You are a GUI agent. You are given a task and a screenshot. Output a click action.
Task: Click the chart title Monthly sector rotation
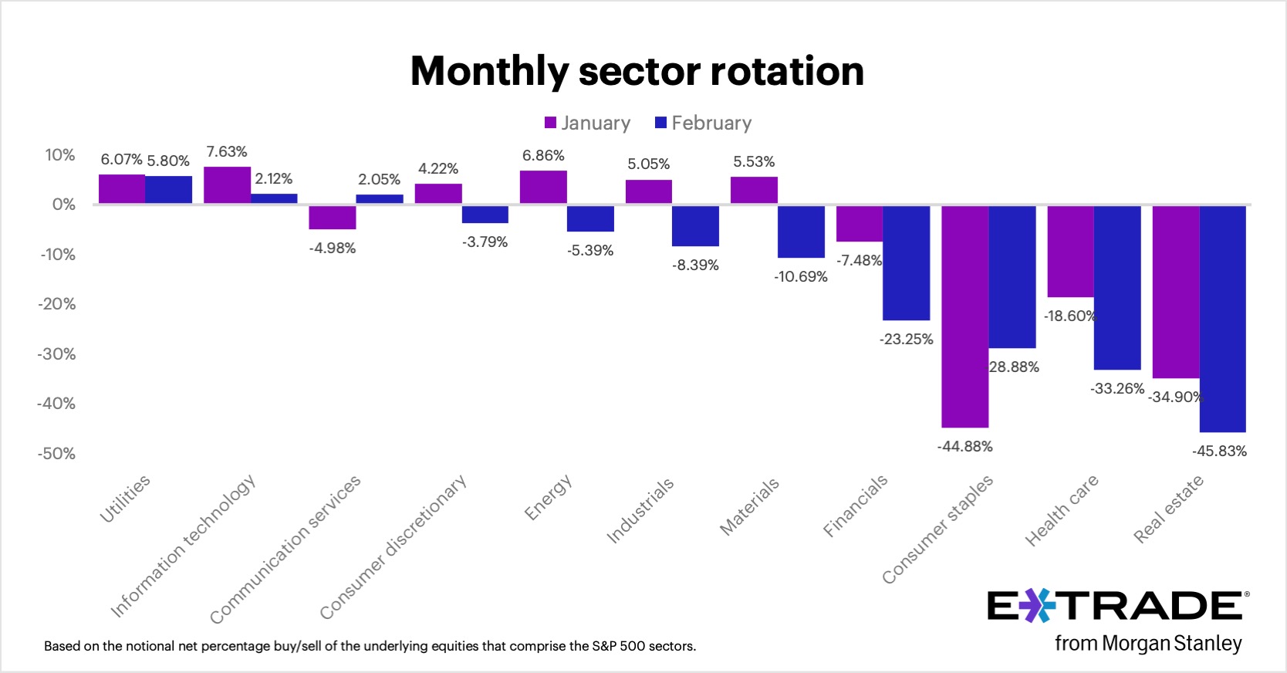pyautogui.click(x=637, y=71)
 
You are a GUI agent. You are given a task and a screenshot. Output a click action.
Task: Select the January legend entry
pyautogui.click(x=587, y=123)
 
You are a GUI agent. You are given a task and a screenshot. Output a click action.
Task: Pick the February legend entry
pyautogui.click(x=703, y=123)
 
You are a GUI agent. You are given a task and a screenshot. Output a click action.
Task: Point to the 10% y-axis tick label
pyautogui.click(x=60, y=155)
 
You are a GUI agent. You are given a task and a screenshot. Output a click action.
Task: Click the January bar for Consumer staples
pyautogui.click(x=964, y=316)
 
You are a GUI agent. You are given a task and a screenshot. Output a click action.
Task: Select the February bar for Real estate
pyautogui.click(x=1222, y=318)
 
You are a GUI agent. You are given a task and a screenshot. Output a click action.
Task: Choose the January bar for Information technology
pyautogui.click(x=227, y=185)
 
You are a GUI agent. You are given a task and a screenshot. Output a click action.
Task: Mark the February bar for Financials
pyautogui.click(x=906, y=262)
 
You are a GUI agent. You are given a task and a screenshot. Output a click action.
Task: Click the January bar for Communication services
pyautogui.click(x=332, y=217)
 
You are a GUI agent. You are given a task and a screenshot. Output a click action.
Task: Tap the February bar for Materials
pyautogui.click(x=801, y=232)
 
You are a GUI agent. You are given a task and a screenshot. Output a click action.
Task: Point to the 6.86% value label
pyautogui.click(x=543, y=156)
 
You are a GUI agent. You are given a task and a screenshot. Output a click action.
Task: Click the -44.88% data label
pyautogui.click(x=964, y=447)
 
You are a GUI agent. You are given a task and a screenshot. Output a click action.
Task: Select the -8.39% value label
pyautogui.click(x=695, y=265)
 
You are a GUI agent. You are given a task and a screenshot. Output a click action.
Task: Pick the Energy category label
pyautogui.click(x=548, y=498)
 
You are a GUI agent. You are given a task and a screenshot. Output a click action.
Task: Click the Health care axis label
pyautogui.click(x=1061, y=511)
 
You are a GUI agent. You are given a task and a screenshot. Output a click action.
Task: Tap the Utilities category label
pyautogui.click(x=125, y=499)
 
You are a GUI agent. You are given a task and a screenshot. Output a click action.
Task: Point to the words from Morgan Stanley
pyautogui.click(x=1148, y=643)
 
